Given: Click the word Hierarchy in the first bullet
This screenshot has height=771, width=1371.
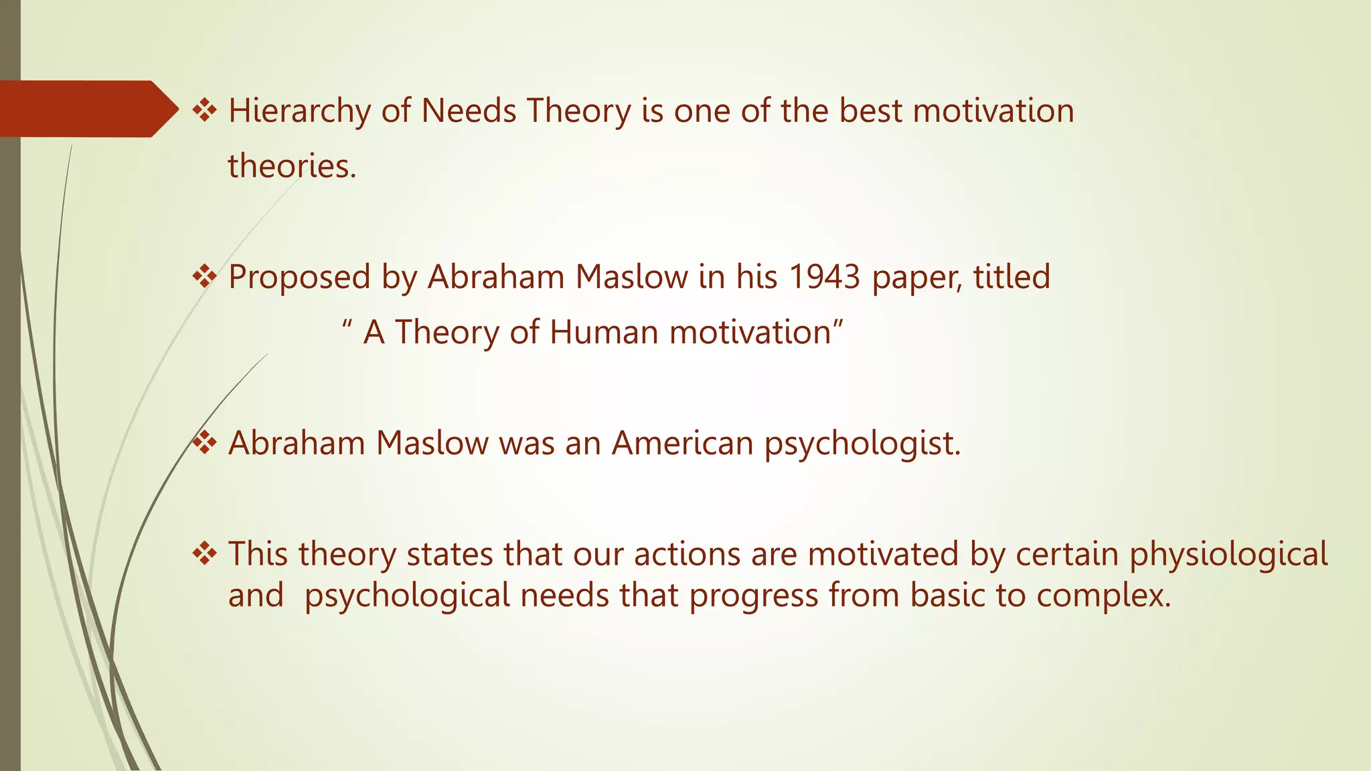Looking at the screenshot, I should pos(299,111).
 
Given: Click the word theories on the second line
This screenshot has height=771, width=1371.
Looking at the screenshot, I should pos(292,166).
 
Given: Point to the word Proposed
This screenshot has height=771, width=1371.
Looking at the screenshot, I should pos(299,277).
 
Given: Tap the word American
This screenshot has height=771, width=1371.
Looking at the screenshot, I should pos(682,443).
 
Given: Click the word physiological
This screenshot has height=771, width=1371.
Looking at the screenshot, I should pos(1228,555).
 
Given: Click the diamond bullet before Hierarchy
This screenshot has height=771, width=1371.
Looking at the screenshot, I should pos(204,110).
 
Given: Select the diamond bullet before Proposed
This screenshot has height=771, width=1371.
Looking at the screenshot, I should pos(204,276).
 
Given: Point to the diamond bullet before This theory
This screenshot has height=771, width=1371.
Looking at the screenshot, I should pos(204,553).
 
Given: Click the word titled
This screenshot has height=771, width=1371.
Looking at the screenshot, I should pos(1012,277).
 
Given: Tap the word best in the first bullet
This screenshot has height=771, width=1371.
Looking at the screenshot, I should pos(870,111).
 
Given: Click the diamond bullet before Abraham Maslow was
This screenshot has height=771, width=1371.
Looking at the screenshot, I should pos(204,442).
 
